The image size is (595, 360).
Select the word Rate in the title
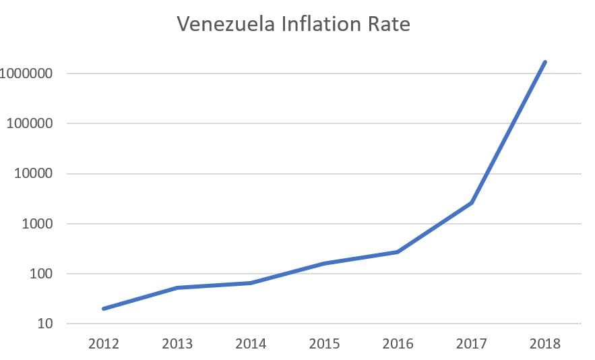pyautogui.click(x=388, y=25)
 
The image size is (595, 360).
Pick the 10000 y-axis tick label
pyautogui.click(x=33, y=174)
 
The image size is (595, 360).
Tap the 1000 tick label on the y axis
pyautogui.click(x=36, y=224)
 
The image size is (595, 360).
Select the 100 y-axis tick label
pyautogui.click(x=40, y=274)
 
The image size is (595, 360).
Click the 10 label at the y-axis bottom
pyautogui.click(x=43, y=324)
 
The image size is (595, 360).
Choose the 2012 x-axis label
pyautogui.click(x=104, y=344)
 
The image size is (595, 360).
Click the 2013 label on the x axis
pyautogui.click(x=177, y=344)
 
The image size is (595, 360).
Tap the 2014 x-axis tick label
pyautogui.click(x=251, y=344)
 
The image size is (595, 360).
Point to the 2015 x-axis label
pyautogui.click(x=324, y=344)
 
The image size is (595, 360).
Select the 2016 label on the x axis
pyautogui.click(x=398, y=344)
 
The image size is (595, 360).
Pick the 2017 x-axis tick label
pyautogui.click(x=471, y=344)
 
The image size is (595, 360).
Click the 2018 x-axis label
pyautogui.click(x=544, y=344)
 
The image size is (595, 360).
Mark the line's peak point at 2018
pyautogui.click(x=544, y=62)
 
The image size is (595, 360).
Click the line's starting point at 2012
pyautogui.click(x=104, y=309)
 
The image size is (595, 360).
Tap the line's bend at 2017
pyautogui.click(x=471, y=203)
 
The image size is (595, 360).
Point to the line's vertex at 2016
pyautogui.click(x=398, y=252)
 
